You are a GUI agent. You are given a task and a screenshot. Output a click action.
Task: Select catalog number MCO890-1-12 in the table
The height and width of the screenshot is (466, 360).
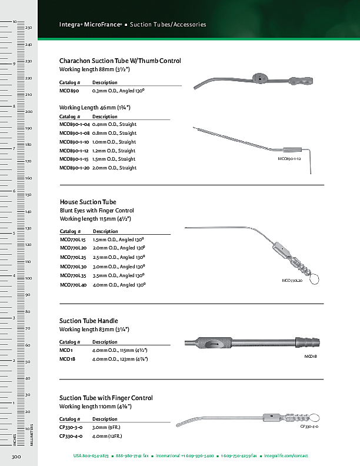[x=74, y=151]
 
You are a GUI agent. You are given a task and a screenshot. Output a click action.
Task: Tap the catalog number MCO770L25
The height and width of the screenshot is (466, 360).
[x=73, y=257]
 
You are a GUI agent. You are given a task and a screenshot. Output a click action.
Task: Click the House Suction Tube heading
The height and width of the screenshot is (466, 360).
[x=88, y=202]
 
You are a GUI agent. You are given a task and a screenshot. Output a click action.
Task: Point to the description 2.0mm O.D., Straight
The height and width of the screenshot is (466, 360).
[x=114, y=168]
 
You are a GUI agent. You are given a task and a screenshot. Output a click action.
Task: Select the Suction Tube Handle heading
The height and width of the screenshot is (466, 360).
[x=89, y=321]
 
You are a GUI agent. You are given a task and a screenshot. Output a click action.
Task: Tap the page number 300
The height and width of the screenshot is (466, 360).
[x=16, y=457]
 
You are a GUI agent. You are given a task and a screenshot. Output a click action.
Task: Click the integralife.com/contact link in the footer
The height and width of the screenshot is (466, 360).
[x=286, y=456]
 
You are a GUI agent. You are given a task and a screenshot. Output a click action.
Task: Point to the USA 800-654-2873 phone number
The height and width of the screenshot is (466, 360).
[x=91, y=456]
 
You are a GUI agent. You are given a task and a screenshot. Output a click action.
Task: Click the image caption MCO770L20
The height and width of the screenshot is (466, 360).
[x=292, y=281]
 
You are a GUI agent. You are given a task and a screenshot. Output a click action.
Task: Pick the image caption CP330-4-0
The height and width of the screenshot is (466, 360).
[x=309, y=427]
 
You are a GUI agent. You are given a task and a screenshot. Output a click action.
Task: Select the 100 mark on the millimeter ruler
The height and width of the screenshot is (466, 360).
[x=28, y=278]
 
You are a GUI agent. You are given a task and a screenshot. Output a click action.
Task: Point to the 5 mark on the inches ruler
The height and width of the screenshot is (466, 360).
[x=14, y=234]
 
